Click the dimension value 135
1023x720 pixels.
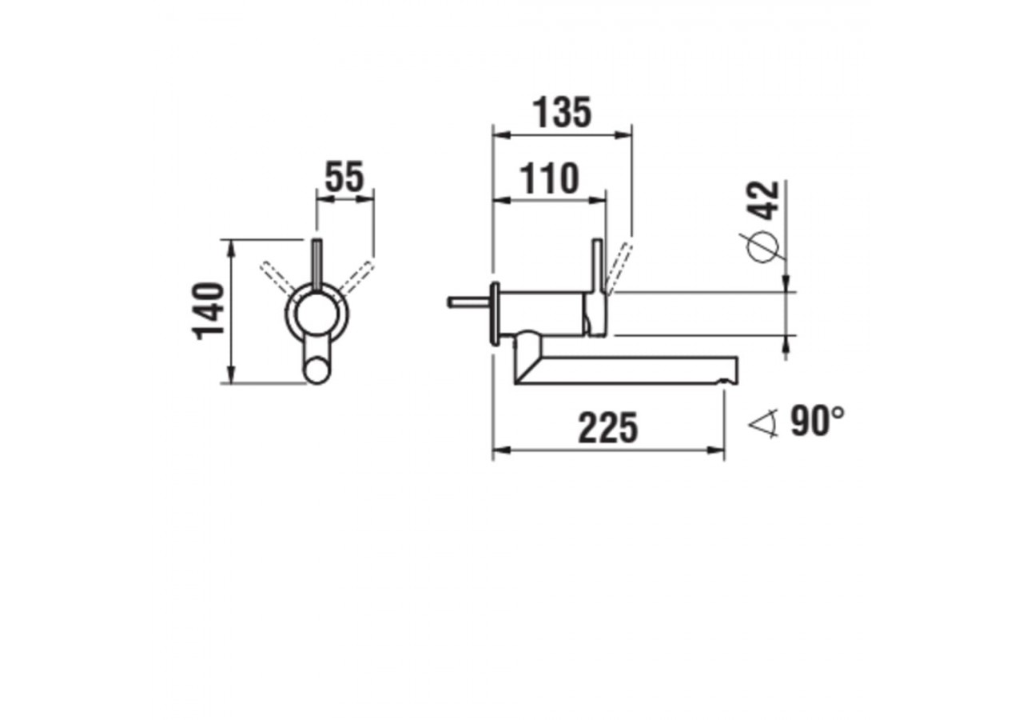pyautogui.click(x=563, y=113)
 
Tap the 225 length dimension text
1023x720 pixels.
pyautogui.click(x=608, y=429)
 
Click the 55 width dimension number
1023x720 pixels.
pyautogui.click(x=344, y=177)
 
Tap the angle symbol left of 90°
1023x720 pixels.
pyautogui.click(x=763, y=423)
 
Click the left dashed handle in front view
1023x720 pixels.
pyautogui.click(x=276, y=276)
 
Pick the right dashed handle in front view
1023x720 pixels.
pyautogui.click(x=356, y=276)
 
